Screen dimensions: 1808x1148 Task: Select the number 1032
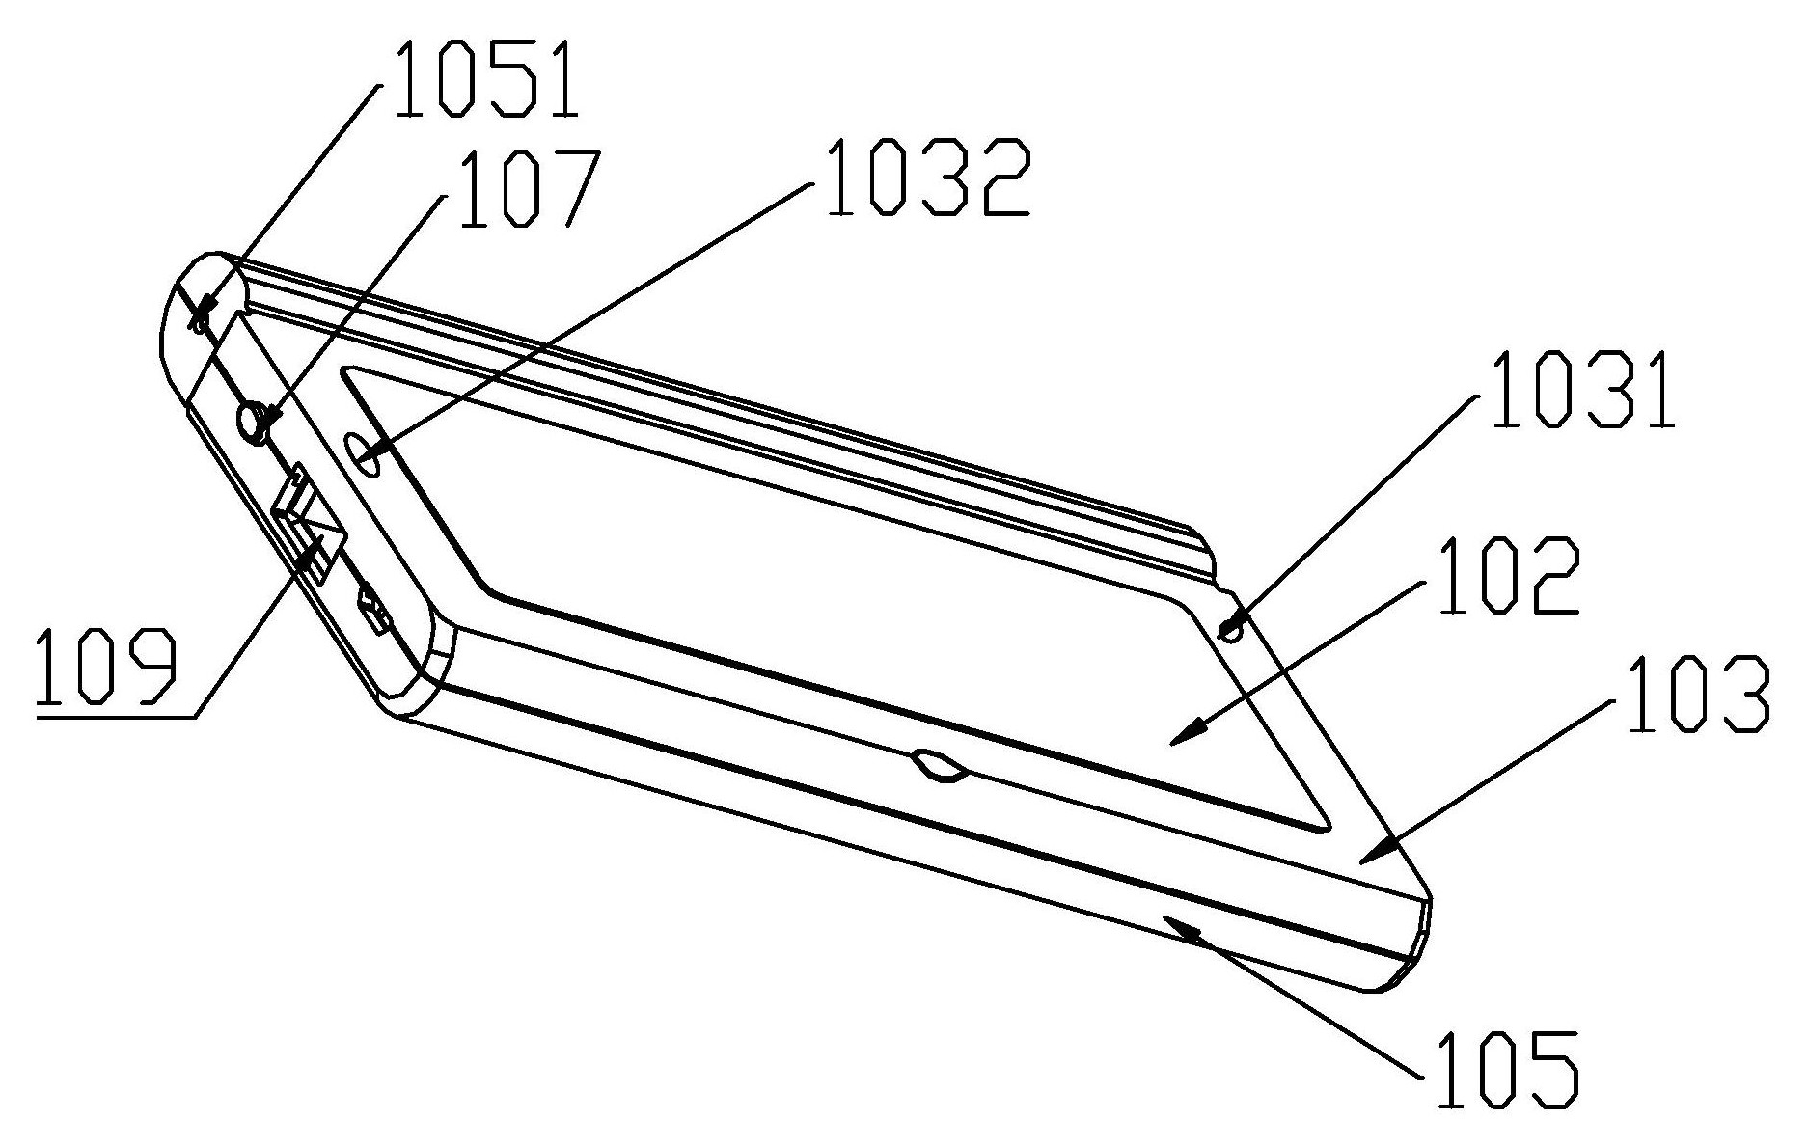(x=928, y=178)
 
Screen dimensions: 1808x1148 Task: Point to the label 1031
(x=1581, y=391)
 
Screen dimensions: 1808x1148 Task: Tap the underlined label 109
(x=106, y=668)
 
